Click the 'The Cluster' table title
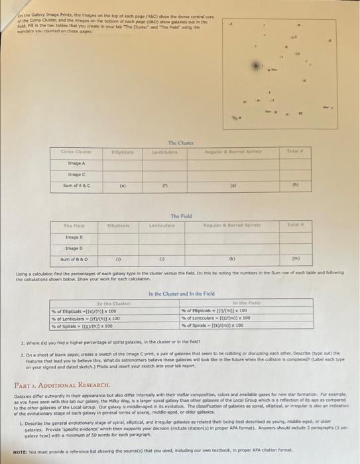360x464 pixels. [x=181, y=143]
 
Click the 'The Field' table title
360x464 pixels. [x=181, y=215]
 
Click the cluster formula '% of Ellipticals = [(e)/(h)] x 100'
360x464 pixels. [x=98, y=310]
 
